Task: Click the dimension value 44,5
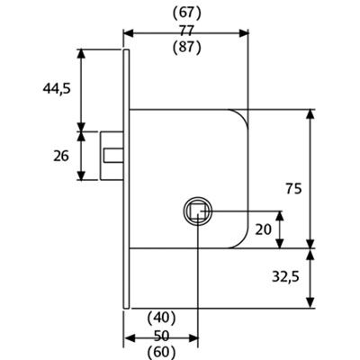pyautogui.click(x=57, y=88)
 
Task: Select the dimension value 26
pyautogui.click(x=61, y=156)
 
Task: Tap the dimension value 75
pyautogui.click(x=293, y=189)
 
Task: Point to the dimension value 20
pyautogui.click(x=264, y=229)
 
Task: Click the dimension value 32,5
pyautogui.click(x=285, y=276)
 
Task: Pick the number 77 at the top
pyautogui.click(x=186, y=31)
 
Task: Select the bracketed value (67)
pyautogui.click(x=186, y=13)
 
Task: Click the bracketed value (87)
pyautogui.click(x=186, y=48)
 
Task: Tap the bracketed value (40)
pyautogui.click(x=162, y=318)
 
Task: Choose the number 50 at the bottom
pyautogui.click(x=162, y=336)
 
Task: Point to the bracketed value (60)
pyautogui.click(x=162, y=353)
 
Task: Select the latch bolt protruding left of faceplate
pyautogui.click(x=112, y=156)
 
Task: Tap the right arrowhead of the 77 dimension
pyautogui.click(x=244, y=33)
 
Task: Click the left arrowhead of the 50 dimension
pyautogui.click(x=129, y=338)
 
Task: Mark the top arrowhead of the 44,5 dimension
pyautogui.click(x=81, y=54)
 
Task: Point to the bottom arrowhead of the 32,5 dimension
pyautogui.click(x=310, y=302)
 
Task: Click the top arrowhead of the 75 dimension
pyautogui.click(x=310, y=115)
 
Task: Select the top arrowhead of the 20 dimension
pyautogui.click(x=280, y=216)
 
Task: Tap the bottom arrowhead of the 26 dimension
pyautogui.click(x=81, y=175)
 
